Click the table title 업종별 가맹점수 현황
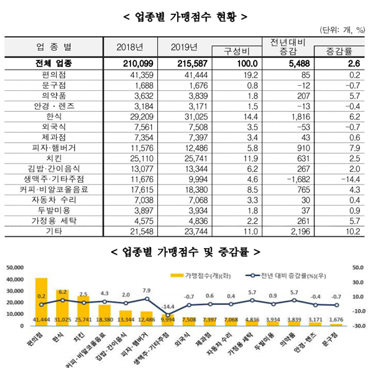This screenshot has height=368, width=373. click(186, 14)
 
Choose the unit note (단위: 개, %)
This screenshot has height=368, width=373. click(343, 29)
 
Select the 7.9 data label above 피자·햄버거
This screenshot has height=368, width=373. click(148, 290)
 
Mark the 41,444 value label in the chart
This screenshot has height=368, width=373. click(42, 319)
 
